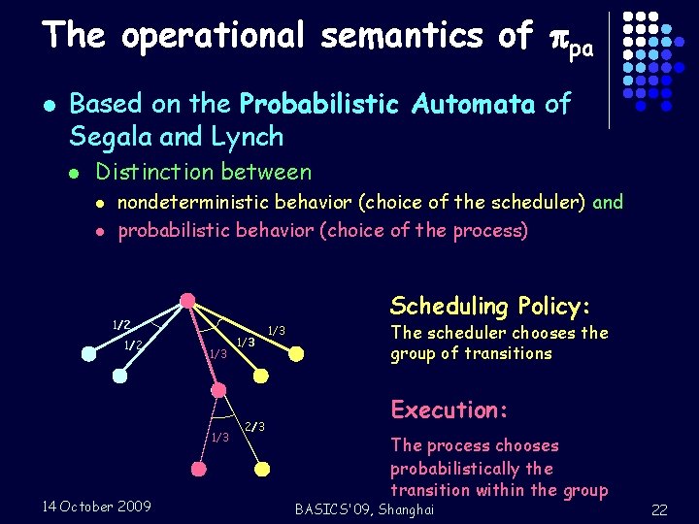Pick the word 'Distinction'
pyautogui.click(x=150, y=173)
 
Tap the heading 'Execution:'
pyautogui.click(x=449, y=409)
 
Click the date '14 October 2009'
pyautogui.click(x=97, y=506)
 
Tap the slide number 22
pyautogui.click(x=659, y=510)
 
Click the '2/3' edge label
pyautogui.click(x=254, y=427)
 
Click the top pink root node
pyautogui.click(x=188, y=300)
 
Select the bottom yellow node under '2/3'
pyautogui.click(x=261, y=469)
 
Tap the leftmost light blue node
pyautogui.click(x=88, y=355)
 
